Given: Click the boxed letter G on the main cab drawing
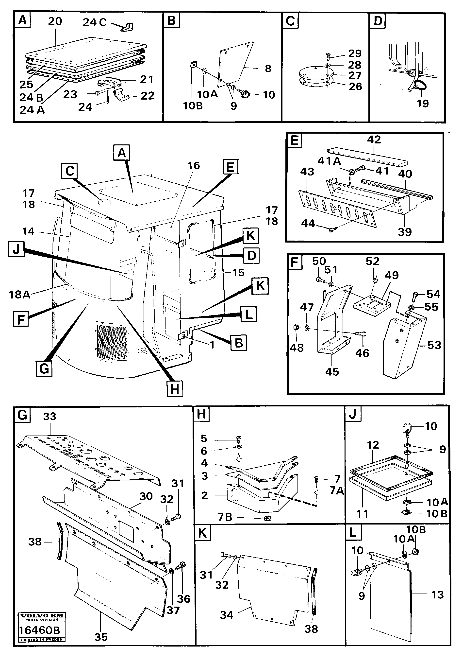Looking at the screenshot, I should click(44, 368).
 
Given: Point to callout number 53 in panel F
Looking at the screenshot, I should click(434, 345).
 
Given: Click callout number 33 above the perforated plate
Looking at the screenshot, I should click(49, 417).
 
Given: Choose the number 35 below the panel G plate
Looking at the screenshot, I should click(101, 637).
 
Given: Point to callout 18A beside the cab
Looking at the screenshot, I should click(19, 295).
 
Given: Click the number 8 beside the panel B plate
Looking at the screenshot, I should click(268, 69).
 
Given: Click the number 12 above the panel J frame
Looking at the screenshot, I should click(373, 445).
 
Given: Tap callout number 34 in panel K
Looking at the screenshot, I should click(226, 615).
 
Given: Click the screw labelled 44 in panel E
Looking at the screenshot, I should click(331, 230).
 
